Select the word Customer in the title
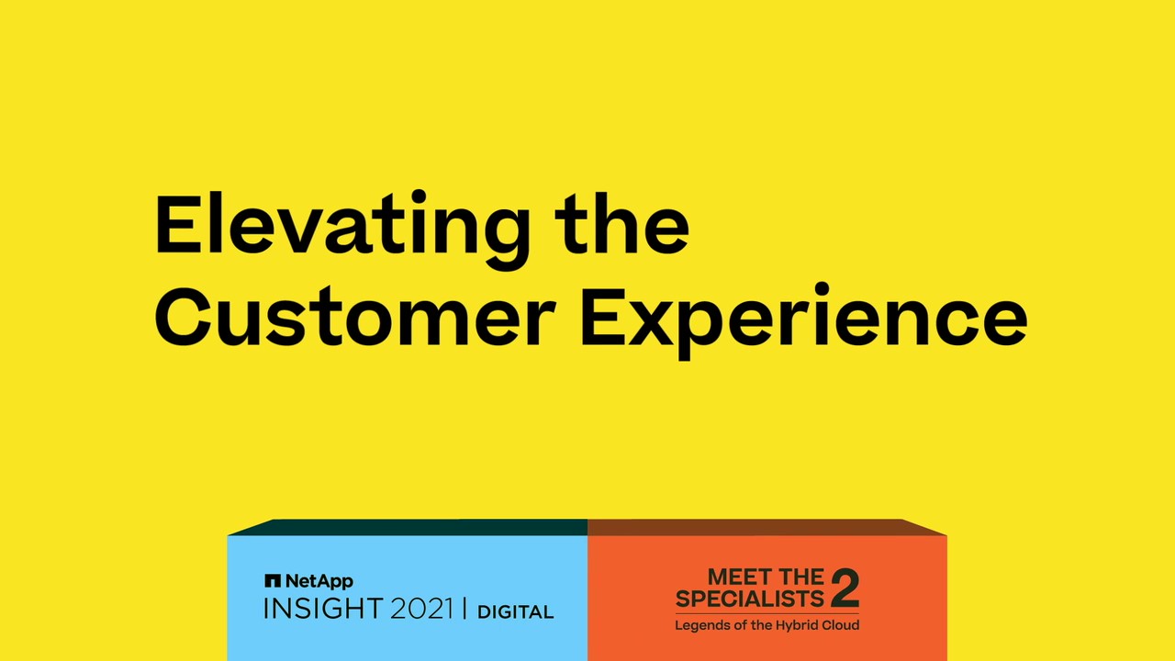tap(354, 316)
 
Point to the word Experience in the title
tap(803, 321)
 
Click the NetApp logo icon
tap(273, 581)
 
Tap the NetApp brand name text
tap(319, 581)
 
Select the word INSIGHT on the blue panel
tap(323, 609)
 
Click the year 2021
tap(421, 610)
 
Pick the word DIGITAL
tap(515, 612)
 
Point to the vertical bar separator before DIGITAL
tap(464, 609)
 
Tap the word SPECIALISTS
tap(750, 599)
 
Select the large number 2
tap(845, 588)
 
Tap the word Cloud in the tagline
tap(840, 625)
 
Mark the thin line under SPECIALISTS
tap(767, 613)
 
